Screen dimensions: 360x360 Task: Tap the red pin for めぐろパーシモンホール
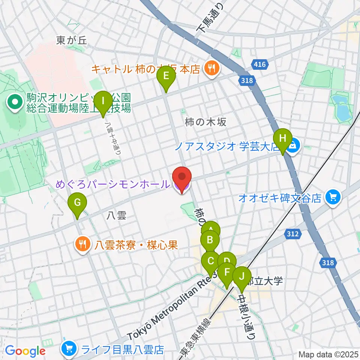pos(182,177)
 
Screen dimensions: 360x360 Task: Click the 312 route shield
pos(293,234)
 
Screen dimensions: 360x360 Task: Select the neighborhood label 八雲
pos(116,215)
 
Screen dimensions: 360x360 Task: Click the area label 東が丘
pos(72,40)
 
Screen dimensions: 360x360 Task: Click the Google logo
pos(25,351)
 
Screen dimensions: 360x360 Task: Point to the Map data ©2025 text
pos(328,354)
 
